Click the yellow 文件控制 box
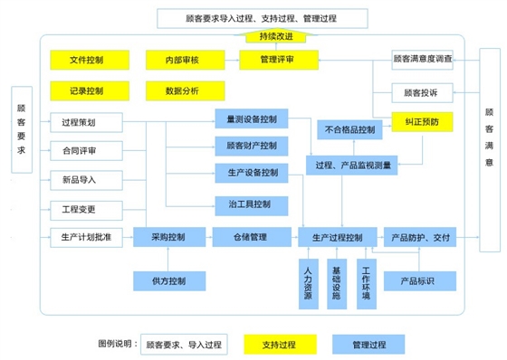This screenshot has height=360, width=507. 86,61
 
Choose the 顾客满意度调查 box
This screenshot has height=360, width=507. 423,60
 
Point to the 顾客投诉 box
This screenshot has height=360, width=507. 423,92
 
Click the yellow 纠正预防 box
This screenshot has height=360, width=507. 423,120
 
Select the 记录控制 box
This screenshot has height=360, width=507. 86,90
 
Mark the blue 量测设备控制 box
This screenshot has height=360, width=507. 252,118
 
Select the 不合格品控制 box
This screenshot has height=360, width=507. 348,130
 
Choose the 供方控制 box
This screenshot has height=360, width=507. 169,281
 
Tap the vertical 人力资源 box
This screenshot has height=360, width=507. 309,283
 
